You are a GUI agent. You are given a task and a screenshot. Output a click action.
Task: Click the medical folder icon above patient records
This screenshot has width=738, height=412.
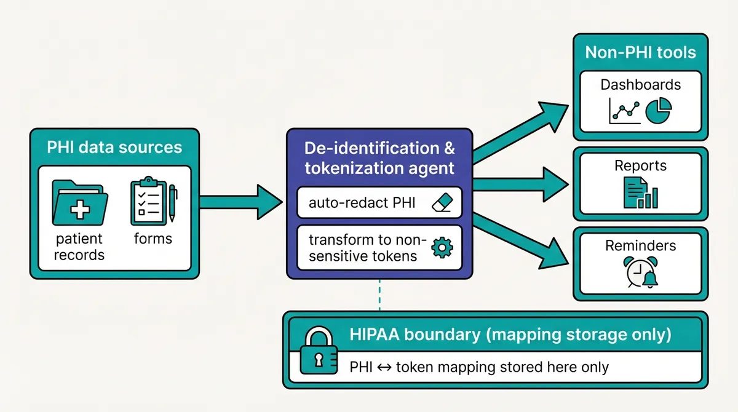[80, 204]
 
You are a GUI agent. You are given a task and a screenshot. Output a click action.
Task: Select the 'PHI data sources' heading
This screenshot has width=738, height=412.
[114, 147]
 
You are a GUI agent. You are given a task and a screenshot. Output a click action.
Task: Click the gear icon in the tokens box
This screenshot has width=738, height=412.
[442, 247]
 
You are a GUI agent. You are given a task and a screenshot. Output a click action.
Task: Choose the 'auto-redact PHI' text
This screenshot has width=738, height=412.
[362, 203]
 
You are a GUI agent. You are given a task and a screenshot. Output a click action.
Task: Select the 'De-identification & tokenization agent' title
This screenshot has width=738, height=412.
[379, 157]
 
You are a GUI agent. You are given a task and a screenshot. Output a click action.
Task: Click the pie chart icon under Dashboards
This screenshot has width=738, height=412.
[659, 111]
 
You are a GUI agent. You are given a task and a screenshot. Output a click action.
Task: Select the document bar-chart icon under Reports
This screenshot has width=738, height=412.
[640, 192]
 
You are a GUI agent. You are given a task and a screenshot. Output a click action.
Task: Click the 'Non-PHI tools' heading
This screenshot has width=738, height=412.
[640, 52]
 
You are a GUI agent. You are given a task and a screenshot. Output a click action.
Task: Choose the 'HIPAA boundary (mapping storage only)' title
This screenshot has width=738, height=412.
[510, 335]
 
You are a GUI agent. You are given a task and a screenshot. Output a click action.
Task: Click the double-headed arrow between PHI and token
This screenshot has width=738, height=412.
[384, 368]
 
